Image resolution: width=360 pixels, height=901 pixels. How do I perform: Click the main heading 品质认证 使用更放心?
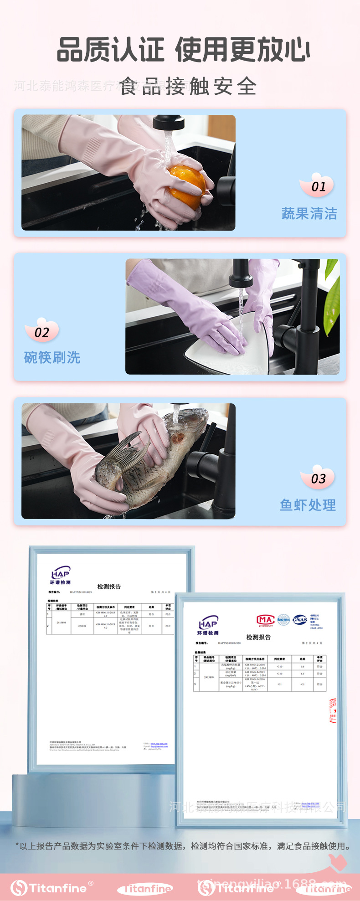(183, 50)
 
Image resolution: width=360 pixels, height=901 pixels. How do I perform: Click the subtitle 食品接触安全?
(188, 86)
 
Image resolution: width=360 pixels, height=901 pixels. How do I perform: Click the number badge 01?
(318, 186)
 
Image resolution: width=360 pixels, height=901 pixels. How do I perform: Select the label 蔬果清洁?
(309, 213)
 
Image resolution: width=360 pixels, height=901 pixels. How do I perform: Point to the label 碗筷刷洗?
(52, 357)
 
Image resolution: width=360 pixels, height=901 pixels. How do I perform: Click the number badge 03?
(318, 478)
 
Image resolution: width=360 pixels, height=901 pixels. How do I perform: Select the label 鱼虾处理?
(308, 505)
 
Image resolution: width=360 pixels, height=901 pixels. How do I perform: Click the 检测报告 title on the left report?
(109, 587)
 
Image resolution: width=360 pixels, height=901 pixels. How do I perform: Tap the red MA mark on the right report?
(265, 619)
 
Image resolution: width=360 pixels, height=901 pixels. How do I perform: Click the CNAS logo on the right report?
(299, 619)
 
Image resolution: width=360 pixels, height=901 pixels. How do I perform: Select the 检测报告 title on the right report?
(258, 637)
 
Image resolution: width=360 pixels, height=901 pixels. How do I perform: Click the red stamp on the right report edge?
(333, 711)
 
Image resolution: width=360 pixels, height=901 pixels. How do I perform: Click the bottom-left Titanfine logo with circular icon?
(50, 888)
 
